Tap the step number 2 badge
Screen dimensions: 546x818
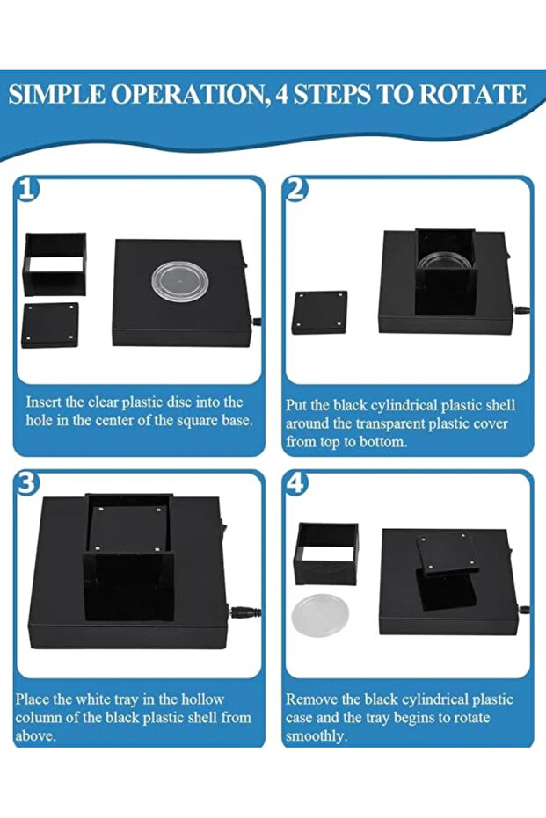[x=295, y=190]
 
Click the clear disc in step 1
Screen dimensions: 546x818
[x=180, y=280]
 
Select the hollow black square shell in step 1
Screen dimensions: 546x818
[x=55, y=264]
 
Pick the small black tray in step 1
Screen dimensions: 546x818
[x=50, y=325]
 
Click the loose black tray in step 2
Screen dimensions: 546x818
[x=320, y=313]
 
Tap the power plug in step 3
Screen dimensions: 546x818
[x=244, y=611]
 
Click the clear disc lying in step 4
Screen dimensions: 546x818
[x=320, y=615]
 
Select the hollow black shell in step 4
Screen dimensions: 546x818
[x=326, y=553]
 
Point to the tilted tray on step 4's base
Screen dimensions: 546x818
[x=448, y=554]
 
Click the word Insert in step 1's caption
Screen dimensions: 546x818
[x=45, y=402]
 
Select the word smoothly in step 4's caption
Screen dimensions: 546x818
[x=316, y=736]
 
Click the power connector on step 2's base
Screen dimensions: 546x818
[x=521, y=310]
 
